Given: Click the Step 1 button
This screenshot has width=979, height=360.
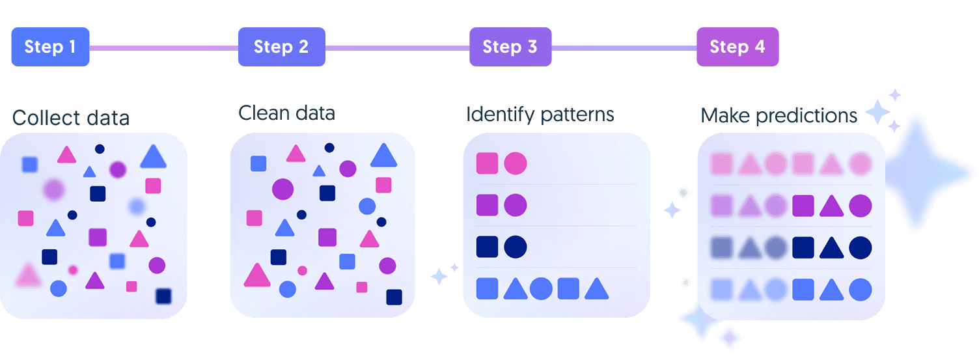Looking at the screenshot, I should (50, 47).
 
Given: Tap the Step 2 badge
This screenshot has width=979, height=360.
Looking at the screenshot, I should (281, 47).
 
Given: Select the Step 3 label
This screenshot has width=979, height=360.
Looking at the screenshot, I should (510, 47).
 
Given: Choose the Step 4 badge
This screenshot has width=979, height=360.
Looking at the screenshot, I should (737, 47).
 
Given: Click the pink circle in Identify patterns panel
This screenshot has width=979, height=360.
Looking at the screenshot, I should (515, 163).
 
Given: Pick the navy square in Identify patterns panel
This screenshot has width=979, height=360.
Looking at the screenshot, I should (487, 247).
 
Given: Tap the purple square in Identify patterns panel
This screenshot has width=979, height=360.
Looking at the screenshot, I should (487, 205).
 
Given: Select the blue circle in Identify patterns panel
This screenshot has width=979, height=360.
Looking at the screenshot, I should (541, 288).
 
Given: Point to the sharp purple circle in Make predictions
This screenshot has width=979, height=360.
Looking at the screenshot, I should (860, 206).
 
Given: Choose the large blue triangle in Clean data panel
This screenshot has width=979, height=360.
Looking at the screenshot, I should (383, 156).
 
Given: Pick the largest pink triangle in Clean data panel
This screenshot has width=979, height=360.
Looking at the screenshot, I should (256, 275).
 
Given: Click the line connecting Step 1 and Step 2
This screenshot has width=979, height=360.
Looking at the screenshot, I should (163, 48).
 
